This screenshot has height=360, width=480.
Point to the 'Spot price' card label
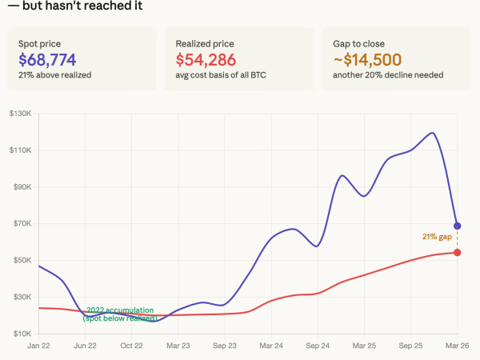(x=39, y=42)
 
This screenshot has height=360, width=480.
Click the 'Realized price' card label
(x=203, y=42)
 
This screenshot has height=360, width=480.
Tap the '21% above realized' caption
(x=54, y=75)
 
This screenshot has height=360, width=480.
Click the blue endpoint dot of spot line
(x=457, y=226)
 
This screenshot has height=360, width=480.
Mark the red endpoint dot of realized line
(x=457, y=253)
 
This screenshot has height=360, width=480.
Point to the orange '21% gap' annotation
(x=437, y=236)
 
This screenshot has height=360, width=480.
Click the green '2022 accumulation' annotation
(x=119, y=310)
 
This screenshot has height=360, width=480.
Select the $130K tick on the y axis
(x=20, y=114)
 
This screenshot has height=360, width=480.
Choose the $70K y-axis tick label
(x=22, y=223)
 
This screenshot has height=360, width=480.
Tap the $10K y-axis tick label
(x=22, y=333)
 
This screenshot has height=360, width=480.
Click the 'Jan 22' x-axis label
(x=39, y=346)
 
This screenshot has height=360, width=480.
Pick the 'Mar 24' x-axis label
(x=271, y=346)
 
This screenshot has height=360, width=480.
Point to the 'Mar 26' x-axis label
(x=457, y=346)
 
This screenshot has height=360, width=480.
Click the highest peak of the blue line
(x=432, y=133)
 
